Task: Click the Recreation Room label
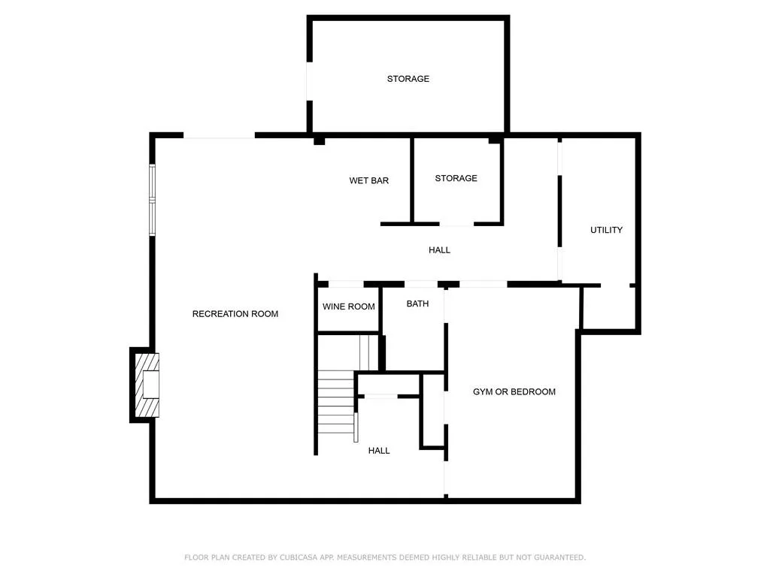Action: (x=235, y=314)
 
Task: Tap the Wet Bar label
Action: (x=368, y=181)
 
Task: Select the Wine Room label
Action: (x=348, y=307)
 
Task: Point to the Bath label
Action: (x=417, y=304)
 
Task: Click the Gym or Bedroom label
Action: (x=514, y=392)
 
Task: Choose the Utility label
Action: (x=606, y=230)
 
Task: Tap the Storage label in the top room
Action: (x=408, y=79)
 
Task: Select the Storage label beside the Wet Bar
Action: (x=456, y=179)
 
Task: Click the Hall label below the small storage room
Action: (x=439, y=250)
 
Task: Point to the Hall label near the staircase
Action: (x=379, y=451)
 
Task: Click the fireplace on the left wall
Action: (x=147, y=385)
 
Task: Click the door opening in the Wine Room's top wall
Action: (x=346, y=284)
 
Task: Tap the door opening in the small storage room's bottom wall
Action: (x=456, y=224)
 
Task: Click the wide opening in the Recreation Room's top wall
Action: (x=219, y=135)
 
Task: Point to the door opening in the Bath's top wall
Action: (x=421, y=284)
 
